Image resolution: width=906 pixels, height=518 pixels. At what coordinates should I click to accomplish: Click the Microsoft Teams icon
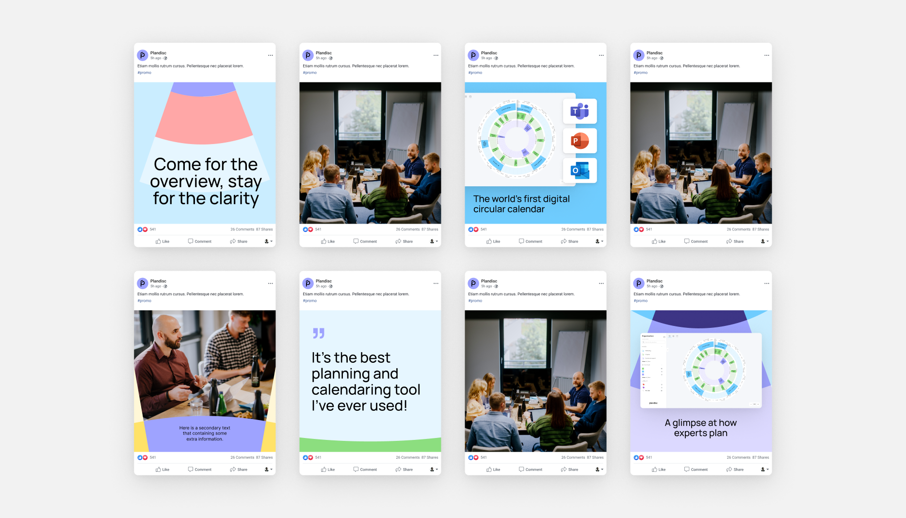click(x=580, y=111)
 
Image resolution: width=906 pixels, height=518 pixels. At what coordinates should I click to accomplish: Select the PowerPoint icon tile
click(x=580, y=141)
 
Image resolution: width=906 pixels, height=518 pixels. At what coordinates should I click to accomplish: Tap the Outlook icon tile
click(x=580, y=170)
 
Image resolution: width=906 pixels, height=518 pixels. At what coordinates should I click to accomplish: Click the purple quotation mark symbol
click(x=318, y=333)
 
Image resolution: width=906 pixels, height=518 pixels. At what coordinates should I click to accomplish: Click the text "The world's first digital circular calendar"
click(x=521, y=204)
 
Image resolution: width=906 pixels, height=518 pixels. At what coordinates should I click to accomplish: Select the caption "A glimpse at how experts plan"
click(x=700, y=428)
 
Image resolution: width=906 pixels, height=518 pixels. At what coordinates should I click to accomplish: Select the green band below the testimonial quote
click(x=370, y=444)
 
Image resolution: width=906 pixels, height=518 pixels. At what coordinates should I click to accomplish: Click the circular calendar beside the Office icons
click(x=516, y=139)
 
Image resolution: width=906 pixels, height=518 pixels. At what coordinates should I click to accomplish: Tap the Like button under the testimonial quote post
click(x=328, y=469)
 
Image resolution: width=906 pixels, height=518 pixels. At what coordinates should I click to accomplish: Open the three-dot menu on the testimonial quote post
click(x=436, y=283)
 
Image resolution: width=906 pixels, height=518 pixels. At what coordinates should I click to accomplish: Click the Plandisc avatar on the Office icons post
click(x=473, y=55)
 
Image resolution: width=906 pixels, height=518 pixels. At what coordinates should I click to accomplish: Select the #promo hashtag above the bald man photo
click(x=145, y=301)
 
